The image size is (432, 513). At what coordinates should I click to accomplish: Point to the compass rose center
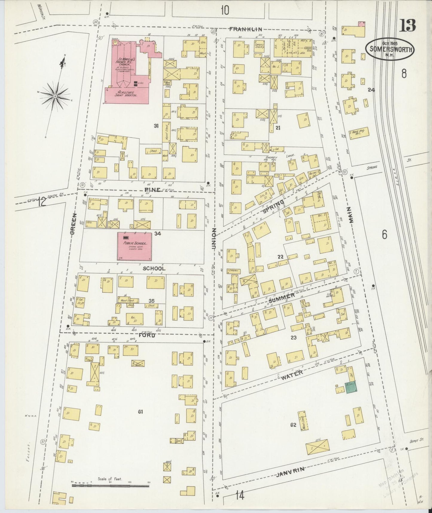[55, 96]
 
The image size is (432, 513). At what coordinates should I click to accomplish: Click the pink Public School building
[134, 246]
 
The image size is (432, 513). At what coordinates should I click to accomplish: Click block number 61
[140, 412]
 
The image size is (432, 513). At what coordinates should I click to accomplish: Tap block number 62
[293, 424]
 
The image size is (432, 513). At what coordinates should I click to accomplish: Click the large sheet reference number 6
[384, 235]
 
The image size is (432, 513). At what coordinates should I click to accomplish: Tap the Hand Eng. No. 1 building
[358, 133]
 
